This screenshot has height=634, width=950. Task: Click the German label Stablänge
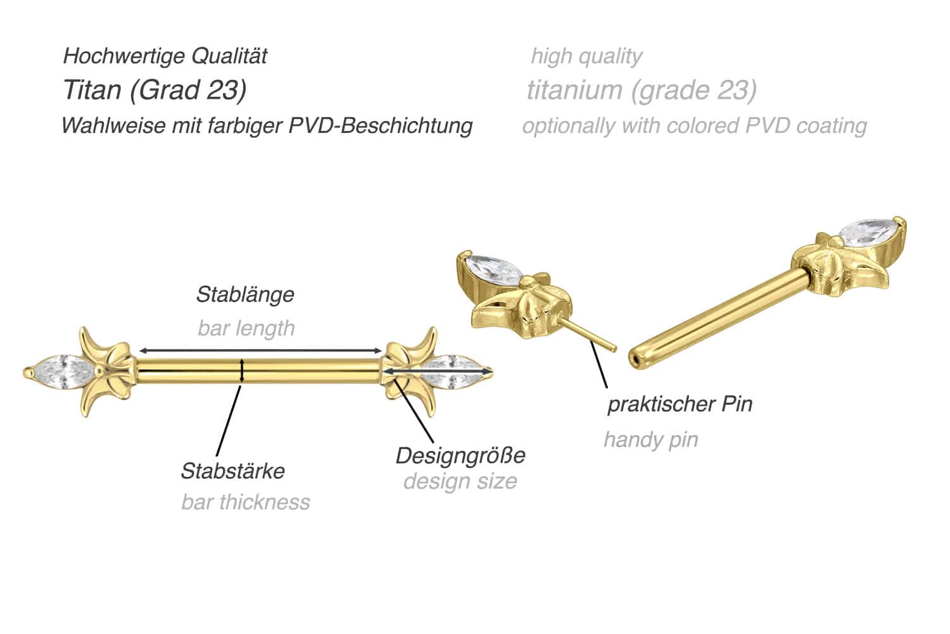245,295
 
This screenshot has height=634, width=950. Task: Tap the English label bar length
246,328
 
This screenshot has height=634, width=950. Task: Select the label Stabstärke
232,471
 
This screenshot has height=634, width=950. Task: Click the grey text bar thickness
245,502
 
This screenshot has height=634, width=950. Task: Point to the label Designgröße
460,455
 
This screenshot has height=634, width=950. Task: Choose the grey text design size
460,481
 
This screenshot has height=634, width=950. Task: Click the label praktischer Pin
680,404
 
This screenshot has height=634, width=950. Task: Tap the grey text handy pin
650,440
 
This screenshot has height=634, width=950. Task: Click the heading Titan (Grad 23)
155,90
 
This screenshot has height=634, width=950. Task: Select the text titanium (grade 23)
642,90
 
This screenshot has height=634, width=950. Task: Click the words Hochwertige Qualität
165,56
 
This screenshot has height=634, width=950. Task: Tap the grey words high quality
586,56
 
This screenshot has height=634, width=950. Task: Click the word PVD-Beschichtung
381,125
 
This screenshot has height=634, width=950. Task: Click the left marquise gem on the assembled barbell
63,371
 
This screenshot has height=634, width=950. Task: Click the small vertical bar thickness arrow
242,371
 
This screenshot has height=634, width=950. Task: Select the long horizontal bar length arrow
260,350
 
